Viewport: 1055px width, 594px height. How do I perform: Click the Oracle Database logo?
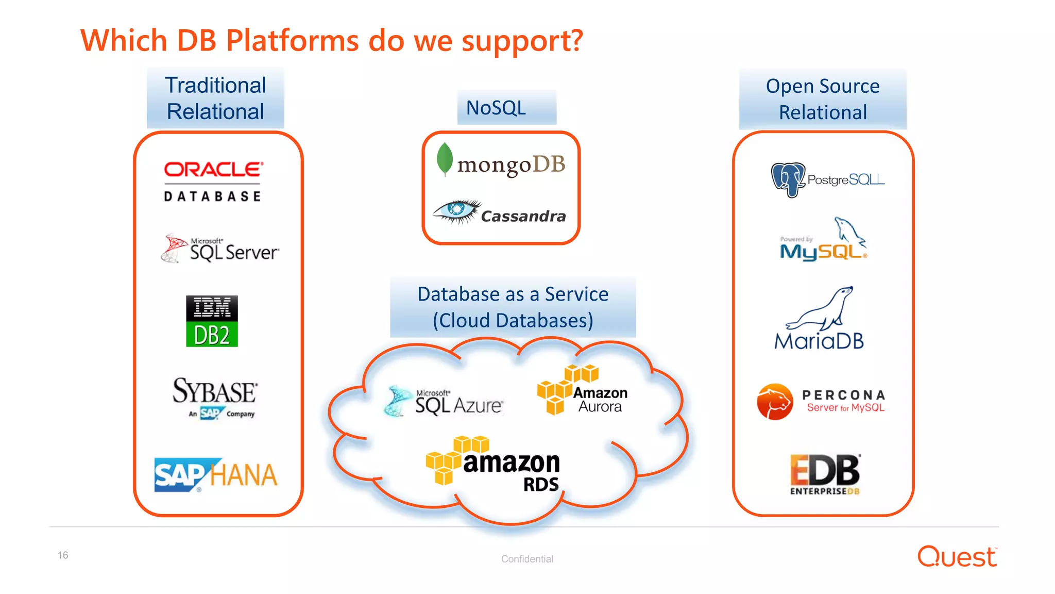coord(213,181)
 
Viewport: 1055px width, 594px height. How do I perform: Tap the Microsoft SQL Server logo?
coord(220,249)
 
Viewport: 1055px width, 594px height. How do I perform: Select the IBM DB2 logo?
coord(212,321)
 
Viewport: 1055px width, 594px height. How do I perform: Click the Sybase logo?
coord(215,397)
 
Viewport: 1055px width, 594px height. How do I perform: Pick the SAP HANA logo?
coord(216,475)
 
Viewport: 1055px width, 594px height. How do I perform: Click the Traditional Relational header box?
coord(215,98)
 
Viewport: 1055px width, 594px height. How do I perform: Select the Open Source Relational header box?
coord(822,99)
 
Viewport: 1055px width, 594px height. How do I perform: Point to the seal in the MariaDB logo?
coord(822,309)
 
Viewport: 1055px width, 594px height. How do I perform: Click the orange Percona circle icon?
coord(775,401)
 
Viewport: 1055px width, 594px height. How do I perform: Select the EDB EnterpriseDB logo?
coord(825,474)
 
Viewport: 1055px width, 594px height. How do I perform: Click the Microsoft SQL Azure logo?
coord(445,401)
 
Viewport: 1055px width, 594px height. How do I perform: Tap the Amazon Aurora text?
coord(600,400)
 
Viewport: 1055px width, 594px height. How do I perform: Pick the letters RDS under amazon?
coord(541,485)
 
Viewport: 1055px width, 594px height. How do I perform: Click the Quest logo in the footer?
coord(957,557)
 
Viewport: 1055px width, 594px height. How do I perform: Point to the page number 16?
coord(63,555)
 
